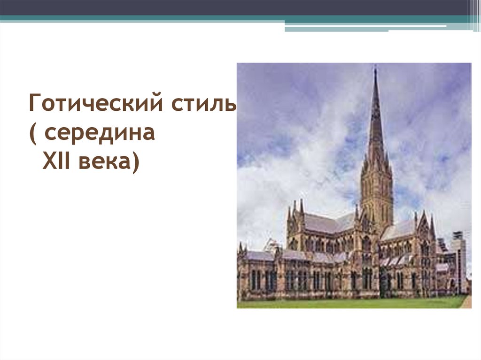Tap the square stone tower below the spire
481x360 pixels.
[377, 192]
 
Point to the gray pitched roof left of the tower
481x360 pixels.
[324, 222]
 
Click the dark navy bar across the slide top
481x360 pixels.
[235, 7]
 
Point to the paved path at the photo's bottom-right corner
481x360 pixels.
[466, 302]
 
